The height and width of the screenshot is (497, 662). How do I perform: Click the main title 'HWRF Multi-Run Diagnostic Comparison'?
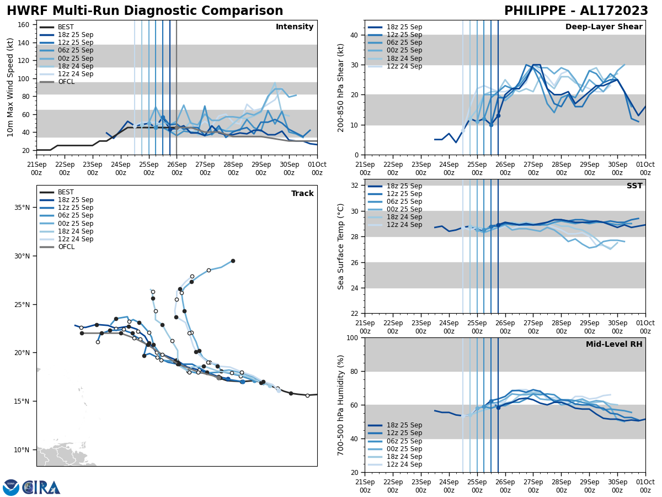[x=145, y=11]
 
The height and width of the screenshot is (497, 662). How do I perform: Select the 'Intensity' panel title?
[x=295, y=27]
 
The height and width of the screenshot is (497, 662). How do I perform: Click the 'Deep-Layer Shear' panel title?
[x=604, y=27]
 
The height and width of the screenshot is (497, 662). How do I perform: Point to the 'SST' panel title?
[x=634, y=186]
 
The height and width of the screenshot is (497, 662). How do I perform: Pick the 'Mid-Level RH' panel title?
[x=614, y=345]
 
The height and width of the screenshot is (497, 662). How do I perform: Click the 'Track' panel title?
[x=302, y=194]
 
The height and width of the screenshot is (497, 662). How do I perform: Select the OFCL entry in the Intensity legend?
[x=66, y=82]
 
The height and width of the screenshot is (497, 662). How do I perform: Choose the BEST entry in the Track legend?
[x=66, y=192]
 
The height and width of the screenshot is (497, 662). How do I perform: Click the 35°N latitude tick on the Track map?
[x=22, y=208]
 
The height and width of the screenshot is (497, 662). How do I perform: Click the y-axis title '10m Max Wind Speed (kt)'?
[x=10, y=87]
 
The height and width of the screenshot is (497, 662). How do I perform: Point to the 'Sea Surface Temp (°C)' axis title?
[x=341, y=246]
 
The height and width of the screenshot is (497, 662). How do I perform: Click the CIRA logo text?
[x=42, y=488]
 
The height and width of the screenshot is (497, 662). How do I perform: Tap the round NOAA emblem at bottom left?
[x=11, y=488]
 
